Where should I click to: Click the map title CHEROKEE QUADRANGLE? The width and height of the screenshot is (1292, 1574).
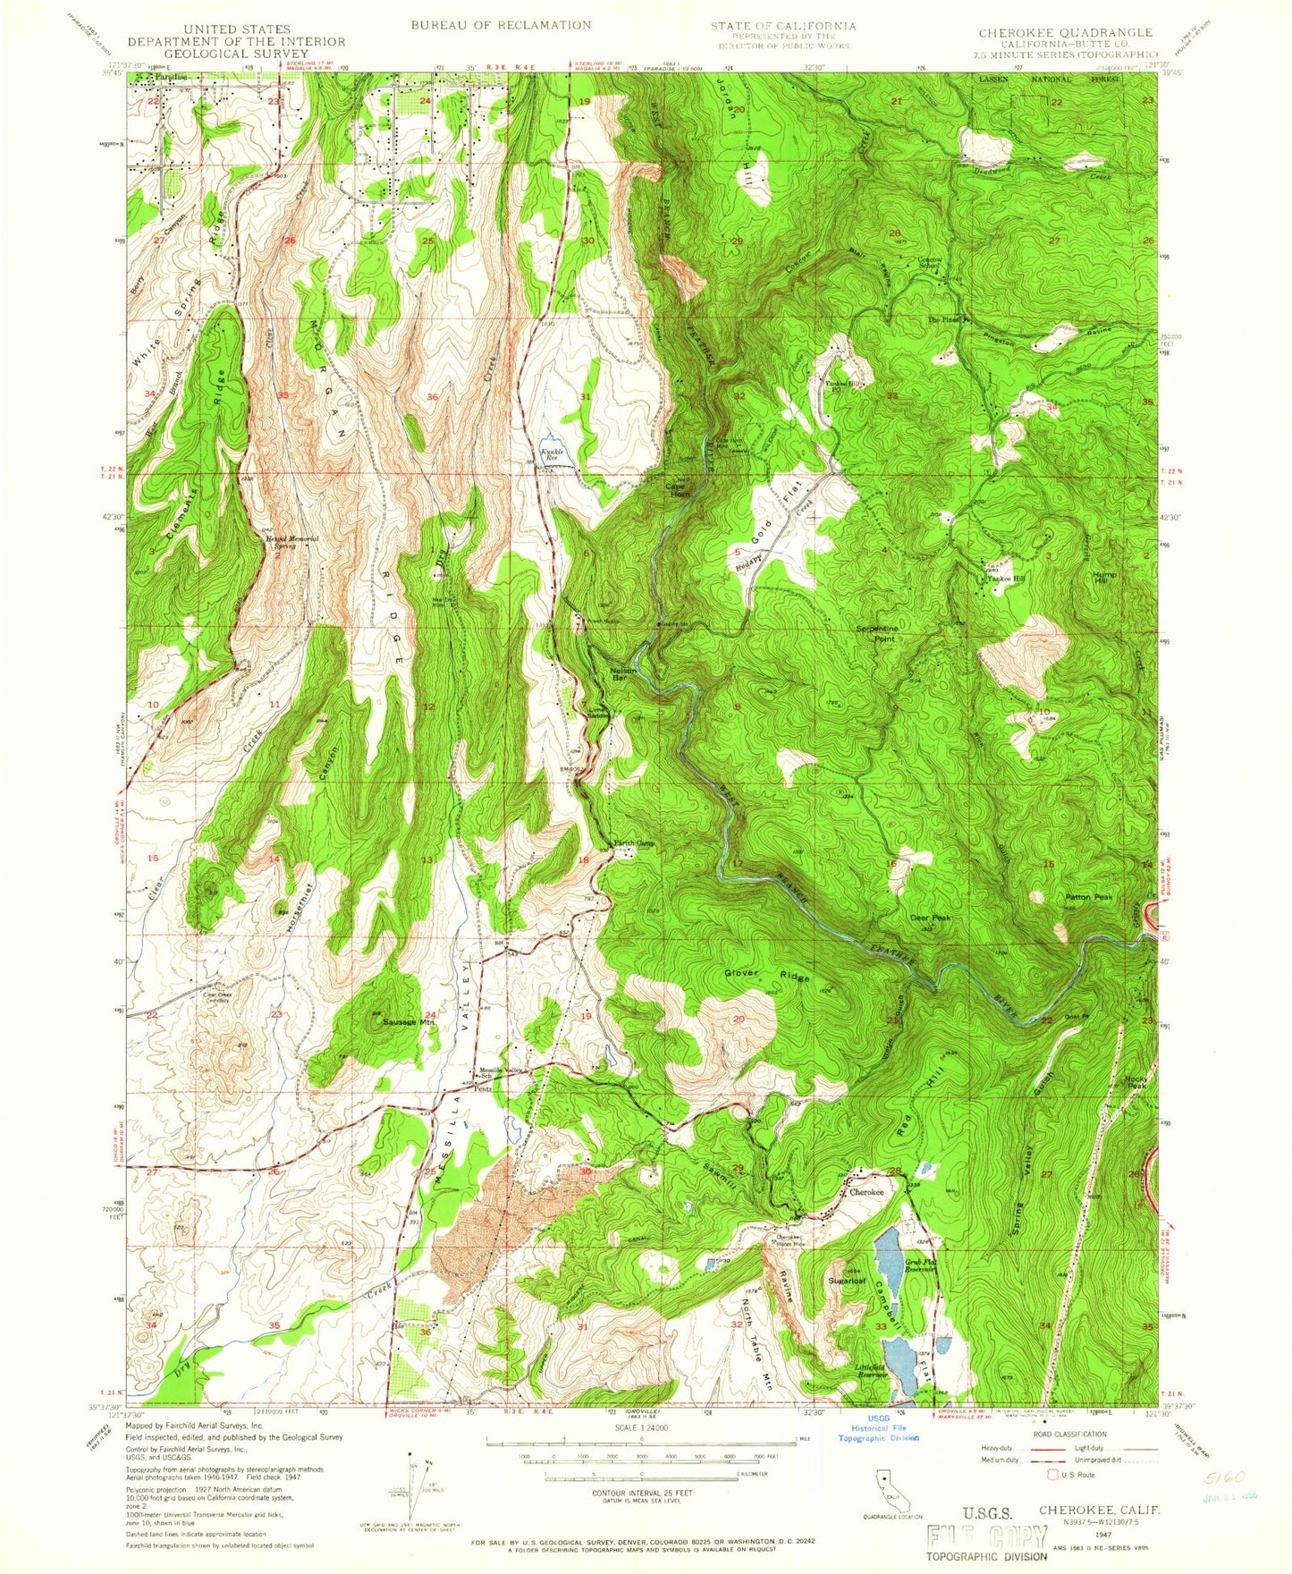tap(1065, 32)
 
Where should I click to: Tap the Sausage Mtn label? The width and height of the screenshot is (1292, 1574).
tap(408, 1021)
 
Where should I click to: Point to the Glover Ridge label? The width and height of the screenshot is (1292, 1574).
tap(766, 974)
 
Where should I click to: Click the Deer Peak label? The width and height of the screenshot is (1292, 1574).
tap(929, 918)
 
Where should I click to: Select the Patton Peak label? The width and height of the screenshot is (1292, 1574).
tap(1088, 897)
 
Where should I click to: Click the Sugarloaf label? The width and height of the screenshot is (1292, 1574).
tap(846, 1281)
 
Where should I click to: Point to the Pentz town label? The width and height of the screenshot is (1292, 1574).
tap(483, 1087)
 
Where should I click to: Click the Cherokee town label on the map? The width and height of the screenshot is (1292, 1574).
tap(866, 1192)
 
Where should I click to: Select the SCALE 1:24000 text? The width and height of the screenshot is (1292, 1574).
tap(640, 1428)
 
